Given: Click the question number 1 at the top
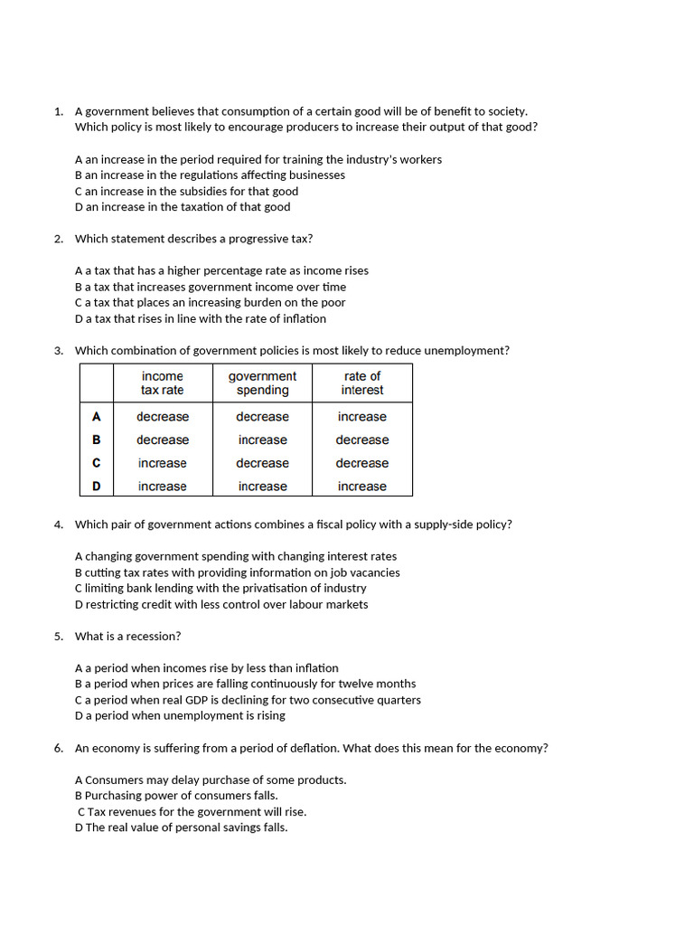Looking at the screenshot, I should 58,111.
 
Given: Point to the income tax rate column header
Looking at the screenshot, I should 163,383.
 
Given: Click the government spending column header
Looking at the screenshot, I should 262,383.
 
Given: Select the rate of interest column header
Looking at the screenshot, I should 362,383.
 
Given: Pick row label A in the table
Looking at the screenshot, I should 97,417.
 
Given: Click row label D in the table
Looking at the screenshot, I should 97,487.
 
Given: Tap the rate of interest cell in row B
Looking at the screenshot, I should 362,440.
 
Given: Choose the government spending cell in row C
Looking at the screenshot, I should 262,463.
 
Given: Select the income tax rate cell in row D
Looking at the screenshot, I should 163,487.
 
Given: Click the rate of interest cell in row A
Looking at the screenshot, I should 362,417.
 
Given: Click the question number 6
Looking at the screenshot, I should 58,748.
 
